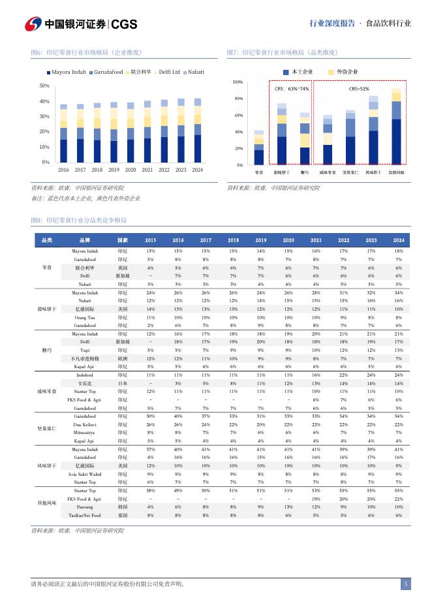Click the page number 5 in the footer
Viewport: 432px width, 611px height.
[x=406, y=584]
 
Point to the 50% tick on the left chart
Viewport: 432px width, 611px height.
[x=44, y=86]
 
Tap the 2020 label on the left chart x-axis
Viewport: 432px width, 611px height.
[x=131, y=170]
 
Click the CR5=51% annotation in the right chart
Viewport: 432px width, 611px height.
[x=359, y=89]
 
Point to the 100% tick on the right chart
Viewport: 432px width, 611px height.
[x=238, y=82]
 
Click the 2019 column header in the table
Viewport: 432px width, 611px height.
[x=260, y=240]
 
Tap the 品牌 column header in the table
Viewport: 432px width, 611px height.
[x=85, y=240]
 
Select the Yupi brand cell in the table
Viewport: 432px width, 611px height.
[x=85, y=351]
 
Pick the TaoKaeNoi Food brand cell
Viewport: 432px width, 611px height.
[x=85, y=515]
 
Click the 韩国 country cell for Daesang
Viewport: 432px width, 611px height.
[x=123, y=507]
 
